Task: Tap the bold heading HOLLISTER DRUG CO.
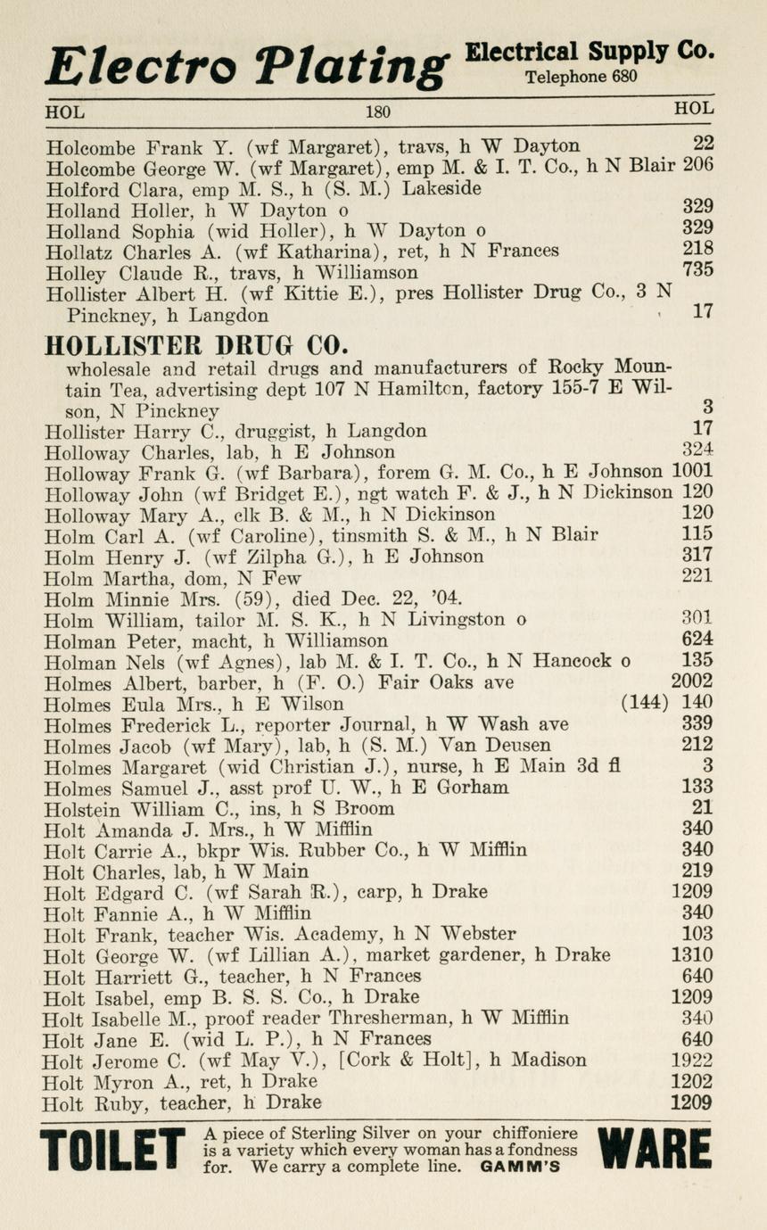pos(196,345)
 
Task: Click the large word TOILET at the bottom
pos(112,1152)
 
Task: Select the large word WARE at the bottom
pos(656,1151)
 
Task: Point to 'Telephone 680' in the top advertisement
pos(581,77)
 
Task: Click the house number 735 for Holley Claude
pos(697,271)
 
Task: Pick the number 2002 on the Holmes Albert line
pos(692,682)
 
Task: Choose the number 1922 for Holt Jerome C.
pos(692,1061)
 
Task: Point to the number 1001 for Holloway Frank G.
pos(692,473)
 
